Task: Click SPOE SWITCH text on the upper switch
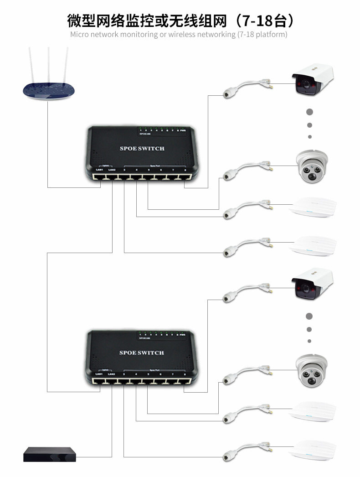tap(142, 148)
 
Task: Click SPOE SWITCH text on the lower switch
tap(142, 353)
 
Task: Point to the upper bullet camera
tap(314, 80)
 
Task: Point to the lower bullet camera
tap(314, 284)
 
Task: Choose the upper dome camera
tap(312, 167)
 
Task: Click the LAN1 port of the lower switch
tap(99, 380)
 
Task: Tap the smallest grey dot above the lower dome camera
tap(309, 341)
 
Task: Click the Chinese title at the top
tap(180, 20)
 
